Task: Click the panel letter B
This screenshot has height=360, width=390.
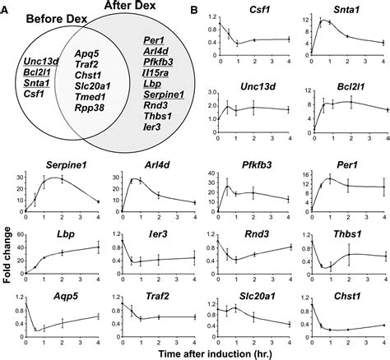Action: [194, 10]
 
